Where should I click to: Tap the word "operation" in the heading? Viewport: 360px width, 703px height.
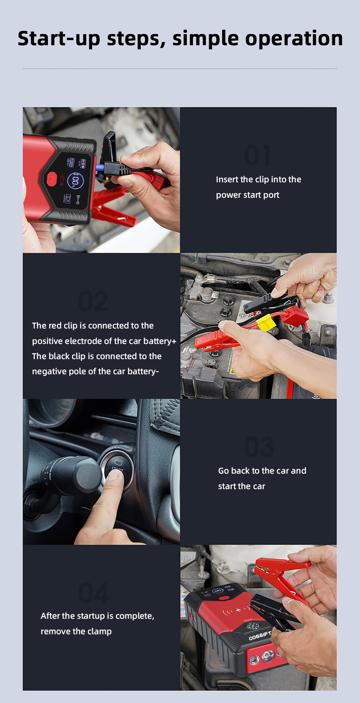click(294, 39)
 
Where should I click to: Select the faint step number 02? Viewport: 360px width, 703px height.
click(93, 301)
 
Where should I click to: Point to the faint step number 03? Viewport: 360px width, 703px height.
click(259, 447)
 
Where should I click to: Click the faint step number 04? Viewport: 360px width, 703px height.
click(93, 593)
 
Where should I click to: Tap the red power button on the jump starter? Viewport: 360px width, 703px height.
click(51, 179)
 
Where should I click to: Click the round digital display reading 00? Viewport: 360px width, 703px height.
click(75, 181)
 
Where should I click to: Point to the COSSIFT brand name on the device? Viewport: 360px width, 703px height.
click(260, 636)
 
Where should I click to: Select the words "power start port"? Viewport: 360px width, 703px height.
click(248, 195)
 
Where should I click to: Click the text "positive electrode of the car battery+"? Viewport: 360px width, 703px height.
click(104, 341)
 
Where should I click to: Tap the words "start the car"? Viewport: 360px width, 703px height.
click(242, 486)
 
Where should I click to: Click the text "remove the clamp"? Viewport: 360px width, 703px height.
click(76, 631)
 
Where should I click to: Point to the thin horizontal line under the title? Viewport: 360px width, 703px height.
click(180, 68)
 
